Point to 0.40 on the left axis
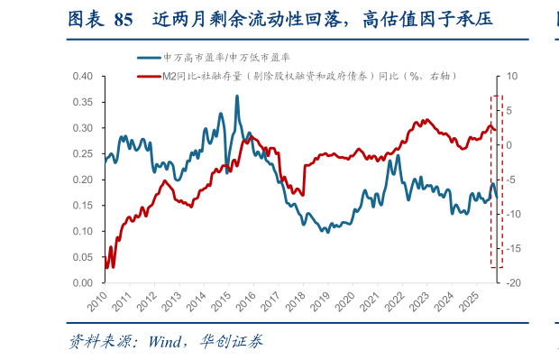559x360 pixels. (x=83, y=77)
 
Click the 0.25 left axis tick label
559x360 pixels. (x=83, y=154)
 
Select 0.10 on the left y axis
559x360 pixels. (x=83, y=232)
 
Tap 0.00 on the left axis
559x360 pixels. (x=83, y=283)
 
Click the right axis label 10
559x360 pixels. (x=511, y=77)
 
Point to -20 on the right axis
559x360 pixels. (x=511, y=283)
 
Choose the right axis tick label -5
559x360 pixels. (x=511, y=180)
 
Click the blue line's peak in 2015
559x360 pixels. (x=237, y=96)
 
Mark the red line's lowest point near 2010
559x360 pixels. (x=113, y=266)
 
